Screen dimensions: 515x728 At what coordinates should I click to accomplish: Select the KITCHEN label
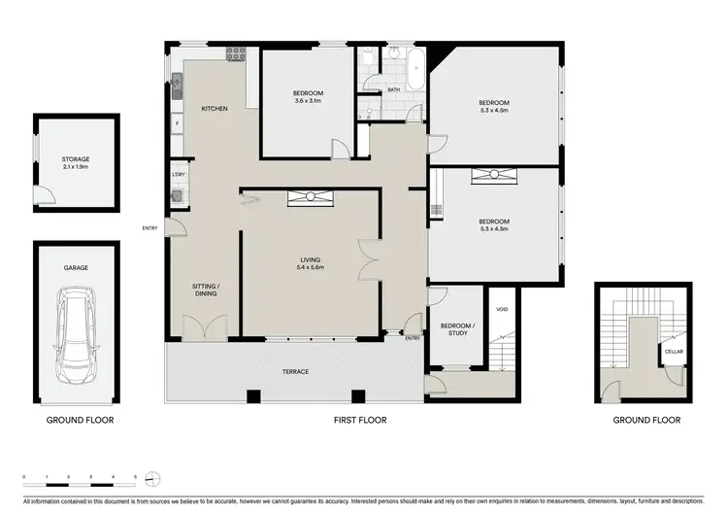[215, 109]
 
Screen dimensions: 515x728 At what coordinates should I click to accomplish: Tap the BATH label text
[394, 89]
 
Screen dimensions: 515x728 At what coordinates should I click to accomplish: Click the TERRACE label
[296, 371]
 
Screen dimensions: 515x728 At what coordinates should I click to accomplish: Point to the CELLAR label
[674, 352]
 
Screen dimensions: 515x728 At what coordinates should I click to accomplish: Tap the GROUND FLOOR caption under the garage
[81, 421]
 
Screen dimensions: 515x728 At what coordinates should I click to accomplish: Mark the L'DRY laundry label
[179, 175]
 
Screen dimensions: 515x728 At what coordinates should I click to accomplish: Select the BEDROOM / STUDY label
[456, 329]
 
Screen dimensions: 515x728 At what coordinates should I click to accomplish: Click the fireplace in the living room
[311, 198]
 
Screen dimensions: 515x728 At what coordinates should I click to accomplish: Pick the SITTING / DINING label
[205, 290]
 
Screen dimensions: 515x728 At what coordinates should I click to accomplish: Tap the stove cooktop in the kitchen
[236, 55]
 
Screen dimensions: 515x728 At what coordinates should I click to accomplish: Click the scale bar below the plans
[93, 478]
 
